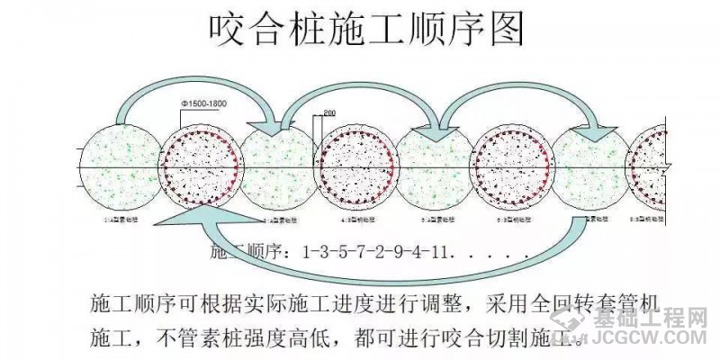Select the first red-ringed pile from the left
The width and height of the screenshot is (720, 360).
tap(201, 167)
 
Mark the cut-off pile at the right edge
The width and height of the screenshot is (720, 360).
tap(650, 167)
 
